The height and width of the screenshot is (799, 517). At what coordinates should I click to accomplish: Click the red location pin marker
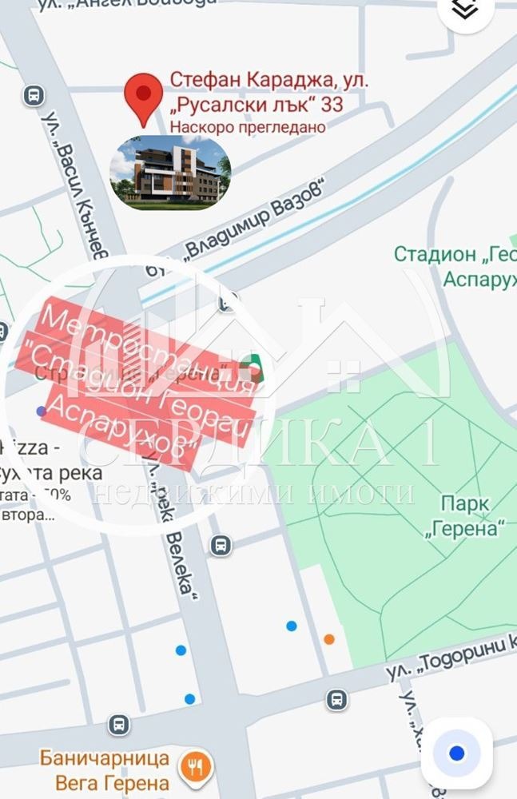(144, 97)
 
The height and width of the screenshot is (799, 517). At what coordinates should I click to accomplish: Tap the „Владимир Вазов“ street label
(253, 221)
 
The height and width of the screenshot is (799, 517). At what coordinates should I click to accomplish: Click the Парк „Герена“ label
(475, 516)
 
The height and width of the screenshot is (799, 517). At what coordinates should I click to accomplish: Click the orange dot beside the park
(329, 638)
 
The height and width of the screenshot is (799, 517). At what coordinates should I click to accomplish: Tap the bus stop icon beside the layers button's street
(34, 96)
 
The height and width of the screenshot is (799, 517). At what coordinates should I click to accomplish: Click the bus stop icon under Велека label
(221, 546)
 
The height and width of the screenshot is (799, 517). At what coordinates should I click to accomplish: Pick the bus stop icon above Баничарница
(119, 725)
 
